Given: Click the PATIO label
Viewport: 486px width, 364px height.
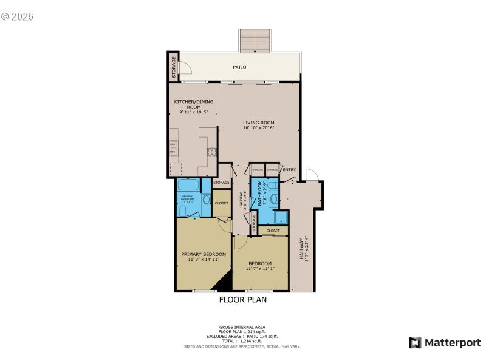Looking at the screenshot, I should pos(240,67).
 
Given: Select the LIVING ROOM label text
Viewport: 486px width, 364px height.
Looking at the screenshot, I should pos(259,123).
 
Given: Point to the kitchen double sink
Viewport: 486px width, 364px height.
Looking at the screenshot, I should pos(174,148).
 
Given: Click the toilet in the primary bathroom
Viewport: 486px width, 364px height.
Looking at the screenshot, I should pos(183,210).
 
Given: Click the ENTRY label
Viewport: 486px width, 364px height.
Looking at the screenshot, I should pos(289,170).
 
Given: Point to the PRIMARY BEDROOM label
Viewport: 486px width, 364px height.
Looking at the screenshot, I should pos(204,254).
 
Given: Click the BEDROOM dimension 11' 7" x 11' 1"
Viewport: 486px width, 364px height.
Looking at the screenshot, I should pos(259,269).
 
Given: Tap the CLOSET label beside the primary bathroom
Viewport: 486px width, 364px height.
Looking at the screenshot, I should pos(221,203).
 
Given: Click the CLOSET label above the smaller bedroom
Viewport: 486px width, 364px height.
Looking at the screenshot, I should pos(273,231).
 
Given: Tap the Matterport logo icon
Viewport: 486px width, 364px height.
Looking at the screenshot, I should pos(416,343).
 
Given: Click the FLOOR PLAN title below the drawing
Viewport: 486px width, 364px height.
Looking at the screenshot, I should pos(242,299).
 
